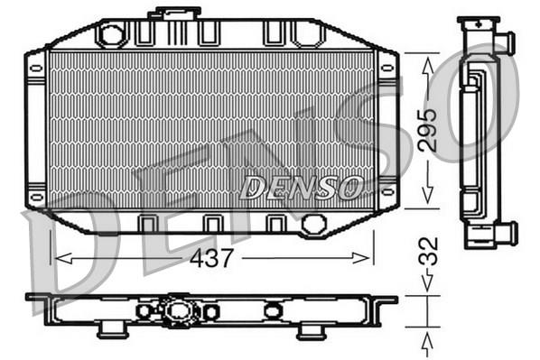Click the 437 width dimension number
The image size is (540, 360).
pos(211,258)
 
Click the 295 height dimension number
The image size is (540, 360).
pos(427,131)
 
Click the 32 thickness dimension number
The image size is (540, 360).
pos(428,251)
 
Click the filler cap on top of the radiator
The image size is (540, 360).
pos(174,13)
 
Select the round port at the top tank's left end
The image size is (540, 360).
pos(111,35)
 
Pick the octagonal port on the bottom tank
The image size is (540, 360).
pos(313,224)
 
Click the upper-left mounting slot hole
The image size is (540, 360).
pos(36,69)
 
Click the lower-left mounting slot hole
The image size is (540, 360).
pos(36,197)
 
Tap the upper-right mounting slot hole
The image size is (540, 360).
pos(387,69)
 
